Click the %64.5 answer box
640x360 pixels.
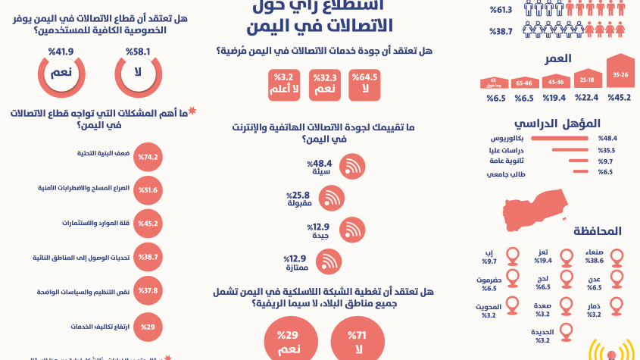pos(365,85)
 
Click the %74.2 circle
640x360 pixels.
pos(148,158)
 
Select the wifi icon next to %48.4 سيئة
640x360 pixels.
pos(351,167)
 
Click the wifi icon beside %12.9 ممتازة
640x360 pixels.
pos(328,261)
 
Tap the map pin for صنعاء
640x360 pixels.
pos(617,258)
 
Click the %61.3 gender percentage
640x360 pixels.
pos(501,10)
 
